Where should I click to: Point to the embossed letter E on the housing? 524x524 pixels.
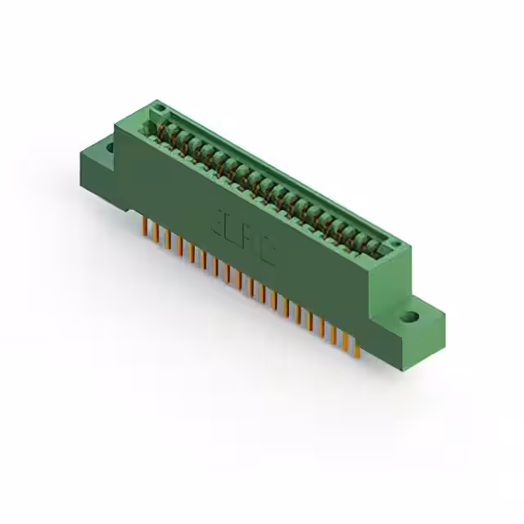221,220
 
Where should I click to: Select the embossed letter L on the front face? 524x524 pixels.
237,231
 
